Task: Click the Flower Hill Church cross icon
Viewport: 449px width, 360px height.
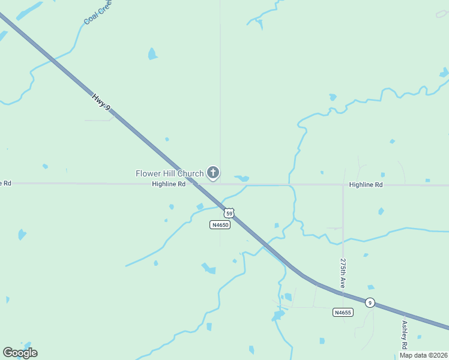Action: pos(212,173)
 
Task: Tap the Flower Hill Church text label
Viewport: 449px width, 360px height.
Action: pos(170,174)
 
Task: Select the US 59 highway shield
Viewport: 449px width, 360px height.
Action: pos(229,213)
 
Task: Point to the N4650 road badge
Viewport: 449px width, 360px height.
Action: pos(220,225)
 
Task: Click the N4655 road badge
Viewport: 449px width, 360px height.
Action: pos(343,312)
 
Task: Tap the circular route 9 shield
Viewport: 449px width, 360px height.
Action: pos(370,302)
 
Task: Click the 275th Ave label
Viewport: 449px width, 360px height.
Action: pos(343,274)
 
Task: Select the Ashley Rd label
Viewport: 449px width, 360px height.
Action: pos(405,336)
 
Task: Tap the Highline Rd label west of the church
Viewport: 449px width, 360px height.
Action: pos(169,184)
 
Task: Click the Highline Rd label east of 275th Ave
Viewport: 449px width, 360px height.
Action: pos(366,185)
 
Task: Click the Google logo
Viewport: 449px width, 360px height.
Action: pos(20,353)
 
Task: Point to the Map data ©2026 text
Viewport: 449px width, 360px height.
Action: pos(423,355)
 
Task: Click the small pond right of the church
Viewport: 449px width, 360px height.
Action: pos(242,178)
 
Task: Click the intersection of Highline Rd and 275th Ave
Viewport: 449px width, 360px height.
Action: pos(343,185)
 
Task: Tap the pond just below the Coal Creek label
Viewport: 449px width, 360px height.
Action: pos(152,54)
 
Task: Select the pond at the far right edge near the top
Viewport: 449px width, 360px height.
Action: pos(444,73)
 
